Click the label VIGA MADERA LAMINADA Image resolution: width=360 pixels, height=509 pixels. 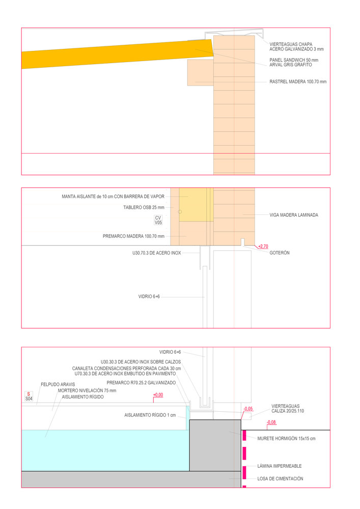point(294,215)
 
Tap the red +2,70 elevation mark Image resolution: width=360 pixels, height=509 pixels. point(263,246)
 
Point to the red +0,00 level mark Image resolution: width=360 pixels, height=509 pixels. point(158,395)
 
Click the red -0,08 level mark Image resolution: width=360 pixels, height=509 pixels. point(271,422)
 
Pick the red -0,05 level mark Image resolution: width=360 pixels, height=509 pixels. point(248,409)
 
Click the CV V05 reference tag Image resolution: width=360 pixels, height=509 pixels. point(158,220)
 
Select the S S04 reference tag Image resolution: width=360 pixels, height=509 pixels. point(29,397)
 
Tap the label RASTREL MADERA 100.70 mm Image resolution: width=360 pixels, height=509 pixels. point(298,82)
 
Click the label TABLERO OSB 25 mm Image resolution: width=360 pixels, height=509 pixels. point(144,207)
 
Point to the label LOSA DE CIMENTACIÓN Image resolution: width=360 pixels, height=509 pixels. point(280,478)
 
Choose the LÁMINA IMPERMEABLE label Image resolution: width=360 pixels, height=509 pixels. point(280,466)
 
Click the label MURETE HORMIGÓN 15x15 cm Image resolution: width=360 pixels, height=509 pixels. point(286,438)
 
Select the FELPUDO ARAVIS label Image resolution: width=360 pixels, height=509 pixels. point(58,384)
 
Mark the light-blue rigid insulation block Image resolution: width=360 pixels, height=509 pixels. point(102,450)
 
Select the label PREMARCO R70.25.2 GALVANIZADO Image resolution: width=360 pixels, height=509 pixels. point(141,383)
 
